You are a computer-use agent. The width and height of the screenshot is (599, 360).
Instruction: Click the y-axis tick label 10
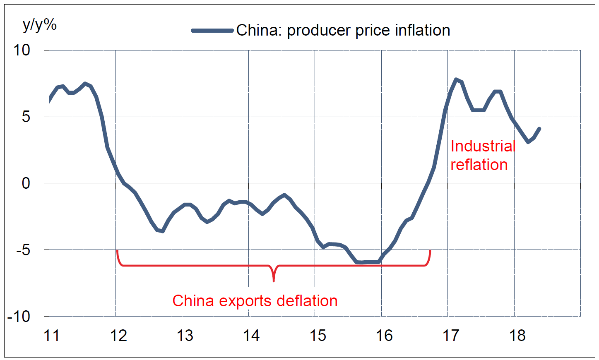(x=22, y=50)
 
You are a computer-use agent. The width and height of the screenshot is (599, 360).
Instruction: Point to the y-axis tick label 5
(x=26, y=117)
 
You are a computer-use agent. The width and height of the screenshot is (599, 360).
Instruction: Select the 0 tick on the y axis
(x=26, y=183)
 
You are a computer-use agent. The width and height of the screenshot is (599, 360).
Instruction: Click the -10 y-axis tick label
(x=19, y=317)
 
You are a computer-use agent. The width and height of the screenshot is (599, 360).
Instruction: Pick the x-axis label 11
(x=52, y=336)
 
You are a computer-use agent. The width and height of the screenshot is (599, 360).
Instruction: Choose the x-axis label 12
(x=118, y=336)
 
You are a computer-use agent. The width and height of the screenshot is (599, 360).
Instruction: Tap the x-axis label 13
(x=185, y=336)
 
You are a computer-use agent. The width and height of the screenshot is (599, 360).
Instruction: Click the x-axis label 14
(x=251, y=336)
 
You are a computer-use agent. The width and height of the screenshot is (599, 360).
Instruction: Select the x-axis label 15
(x=318, y=336)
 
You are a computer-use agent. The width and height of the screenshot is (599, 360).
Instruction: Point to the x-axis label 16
(x=384, y=336)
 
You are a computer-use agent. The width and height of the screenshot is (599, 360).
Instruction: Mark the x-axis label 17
(x=451, y=336)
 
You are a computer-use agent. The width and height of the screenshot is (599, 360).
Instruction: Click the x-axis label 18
(x=517, y=336)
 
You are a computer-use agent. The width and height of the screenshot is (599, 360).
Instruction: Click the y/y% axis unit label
(x=40, y=25)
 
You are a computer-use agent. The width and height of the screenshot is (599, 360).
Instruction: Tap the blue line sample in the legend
(x=212, y=30)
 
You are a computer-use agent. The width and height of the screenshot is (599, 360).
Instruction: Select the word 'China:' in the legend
(x=259, y=30)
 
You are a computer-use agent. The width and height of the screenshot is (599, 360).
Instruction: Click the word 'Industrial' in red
(x=483, y=146)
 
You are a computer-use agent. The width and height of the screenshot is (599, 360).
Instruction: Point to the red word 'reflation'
(x=479, y=165)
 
